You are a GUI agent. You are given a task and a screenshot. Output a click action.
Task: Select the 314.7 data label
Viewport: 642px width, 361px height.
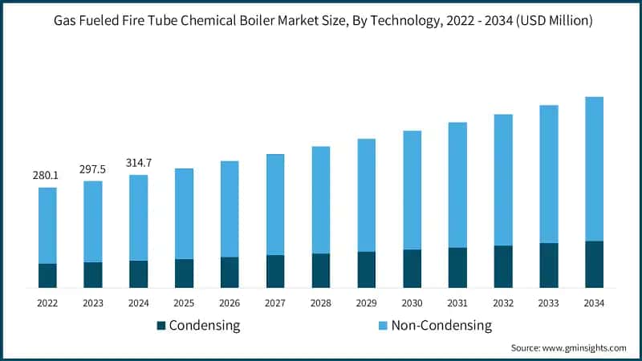[139, 163]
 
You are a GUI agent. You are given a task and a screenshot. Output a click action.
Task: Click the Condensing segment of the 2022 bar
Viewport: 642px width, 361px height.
[47, 275]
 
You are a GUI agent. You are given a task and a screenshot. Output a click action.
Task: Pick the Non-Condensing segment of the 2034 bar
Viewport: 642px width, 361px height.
[594, 168]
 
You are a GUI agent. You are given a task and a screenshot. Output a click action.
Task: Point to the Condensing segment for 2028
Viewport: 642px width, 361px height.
[321, 270]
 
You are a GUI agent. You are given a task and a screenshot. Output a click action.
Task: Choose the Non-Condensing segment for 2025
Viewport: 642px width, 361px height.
[184, 213]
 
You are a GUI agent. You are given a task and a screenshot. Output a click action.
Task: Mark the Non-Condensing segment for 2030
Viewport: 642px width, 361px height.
[412, 189]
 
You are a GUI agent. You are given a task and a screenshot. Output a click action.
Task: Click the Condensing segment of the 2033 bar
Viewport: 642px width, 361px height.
[549, 266]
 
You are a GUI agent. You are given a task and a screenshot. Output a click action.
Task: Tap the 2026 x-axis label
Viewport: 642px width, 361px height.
[230, 303]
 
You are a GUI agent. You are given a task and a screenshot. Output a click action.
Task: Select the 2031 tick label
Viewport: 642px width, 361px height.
[457, 303]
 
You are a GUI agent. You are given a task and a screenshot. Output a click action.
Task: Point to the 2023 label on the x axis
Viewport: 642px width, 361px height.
[93, 303]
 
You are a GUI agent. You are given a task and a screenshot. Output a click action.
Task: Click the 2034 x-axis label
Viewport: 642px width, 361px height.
[594, 303]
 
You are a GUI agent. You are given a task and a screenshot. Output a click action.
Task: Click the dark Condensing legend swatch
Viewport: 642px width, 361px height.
[160, 326]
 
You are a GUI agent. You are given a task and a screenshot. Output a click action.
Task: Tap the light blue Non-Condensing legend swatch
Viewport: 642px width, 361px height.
[383, 326]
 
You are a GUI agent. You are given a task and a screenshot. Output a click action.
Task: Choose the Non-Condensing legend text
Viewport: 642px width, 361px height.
[441, 326]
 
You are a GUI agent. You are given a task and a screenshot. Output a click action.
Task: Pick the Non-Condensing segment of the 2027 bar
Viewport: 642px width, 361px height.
[275, 205]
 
